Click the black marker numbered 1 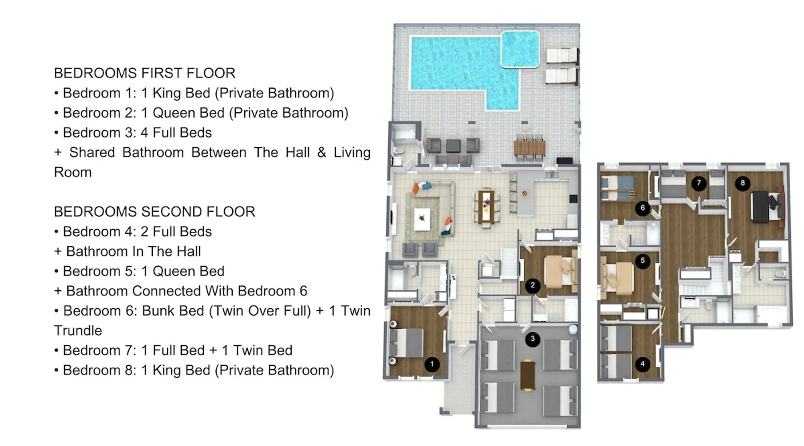point(431,364)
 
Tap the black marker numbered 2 point(532,286)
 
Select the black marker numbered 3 point(532,339)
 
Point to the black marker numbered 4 point(642,364)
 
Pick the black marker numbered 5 point(642,261)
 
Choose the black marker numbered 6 point(642,208)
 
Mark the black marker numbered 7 point(699,183)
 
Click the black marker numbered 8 point(742,183)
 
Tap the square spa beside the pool point(520,49)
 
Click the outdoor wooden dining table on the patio point(530,148)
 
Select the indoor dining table point(486,206)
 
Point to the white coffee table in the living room point(422,219)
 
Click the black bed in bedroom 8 point(764,206)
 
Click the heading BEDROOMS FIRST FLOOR point(145,73)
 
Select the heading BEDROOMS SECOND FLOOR point(155,212)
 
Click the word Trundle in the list point(78,330)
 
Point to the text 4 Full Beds point(176,132)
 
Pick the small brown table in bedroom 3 point(528,375)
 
